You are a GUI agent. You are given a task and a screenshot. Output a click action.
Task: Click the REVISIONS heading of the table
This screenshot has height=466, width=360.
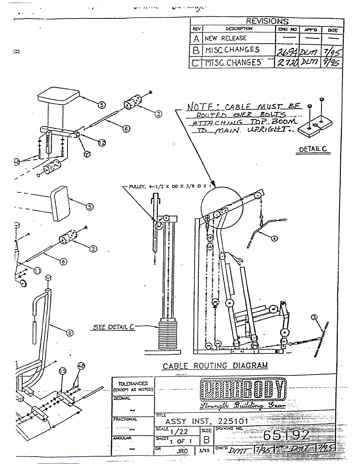[x=267, y=21]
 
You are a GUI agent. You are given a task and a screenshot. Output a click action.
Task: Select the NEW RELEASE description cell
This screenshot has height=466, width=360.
[x=225, y=38]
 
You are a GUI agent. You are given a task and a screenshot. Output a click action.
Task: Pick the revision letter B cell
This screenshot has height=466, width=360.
[x=196, y=50]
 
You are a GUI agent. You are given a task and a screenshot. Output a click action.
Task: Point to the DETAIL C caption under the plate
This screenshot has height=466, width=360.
[x=313, y=149]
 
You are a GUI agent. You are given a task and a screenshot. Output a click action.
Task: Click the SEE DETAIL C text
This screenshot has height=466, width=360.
[x=114, y=327]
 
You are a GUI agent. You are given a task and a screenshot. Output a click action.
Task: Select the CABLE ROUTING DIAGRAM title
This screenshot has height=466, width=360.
[x=215, y=366]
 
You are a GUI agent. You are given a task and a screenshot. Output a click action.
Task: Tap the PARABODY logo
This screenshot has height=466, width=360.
[x=243, y=390]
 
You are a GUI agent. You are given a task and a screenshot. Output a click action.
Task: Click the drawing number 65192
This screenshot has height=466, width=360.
[x=286, y=435]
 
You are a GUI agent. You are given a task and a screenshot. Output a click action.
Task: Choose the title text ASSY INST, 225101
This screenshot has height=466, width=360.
[x=207, y=422]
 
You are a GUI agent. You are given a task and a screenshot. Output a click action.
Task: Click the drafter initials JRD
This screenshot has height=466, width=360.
[x=182, y=451]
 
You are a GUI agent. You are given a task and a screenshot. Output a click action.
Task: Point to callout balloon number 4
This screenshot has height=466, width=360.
[x=274, y=238]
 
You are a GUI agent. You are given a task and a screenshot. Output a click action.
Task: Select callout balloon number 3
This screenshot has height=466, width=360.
[x=314, y=317]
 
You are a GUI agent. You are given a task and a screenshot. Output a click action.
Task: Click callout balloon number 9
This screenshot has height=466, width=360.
[x=70, y=333]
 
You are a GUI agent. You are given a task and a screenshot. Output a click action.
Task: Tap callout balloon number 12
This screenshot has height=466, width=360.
[x=102, y=143]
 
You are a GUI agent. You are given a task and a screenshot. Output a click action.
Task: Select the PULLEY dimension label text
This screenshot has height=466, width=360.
[x=170, y=186]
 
